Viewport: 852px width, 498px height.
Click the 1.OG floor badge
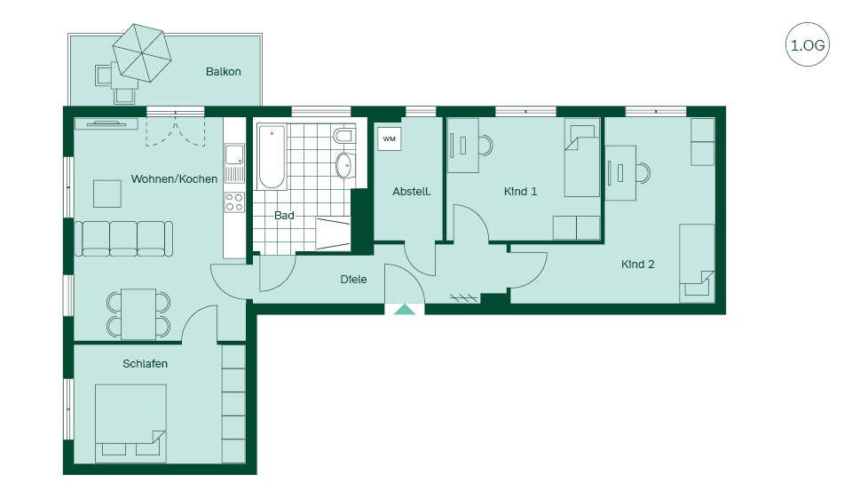point(808,44)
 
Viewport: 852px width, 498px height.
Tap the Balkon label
point(224,72)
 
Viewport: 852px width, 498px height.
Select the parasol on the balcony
point(142,52)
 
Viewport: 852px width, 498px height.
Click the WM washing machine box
point(389,138)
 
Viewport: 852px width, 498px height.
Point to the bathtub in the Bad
point(272,156)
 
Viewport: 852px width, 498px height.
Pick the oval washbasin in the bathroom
point(343,166)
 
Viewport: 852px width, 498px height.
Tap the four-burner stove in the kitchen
point(234,202)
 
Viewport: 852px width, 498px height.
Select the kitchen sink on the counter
point(234,154)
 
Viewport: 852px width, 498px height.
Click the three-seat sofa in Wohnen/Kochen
point(123,238)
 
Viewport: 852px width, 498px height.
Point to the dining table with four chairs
point(138,314)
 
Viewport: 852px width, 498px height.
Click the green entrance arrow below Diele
point(405,310)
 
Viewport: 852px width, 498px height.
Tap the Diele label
point(353,280)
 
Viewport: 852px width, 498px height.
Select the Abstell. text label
point(411,192)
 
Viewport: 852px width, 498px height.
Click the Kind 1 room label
point(521,192)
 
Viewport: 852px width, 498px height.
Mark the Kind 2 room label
point(638,265)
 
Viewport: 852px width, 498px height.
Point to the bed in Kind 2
point(697,263)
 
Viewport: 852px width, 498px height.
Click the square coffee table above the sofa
point(107,194)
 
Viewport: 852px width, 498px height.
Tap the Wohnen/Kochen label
point(174,178)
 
